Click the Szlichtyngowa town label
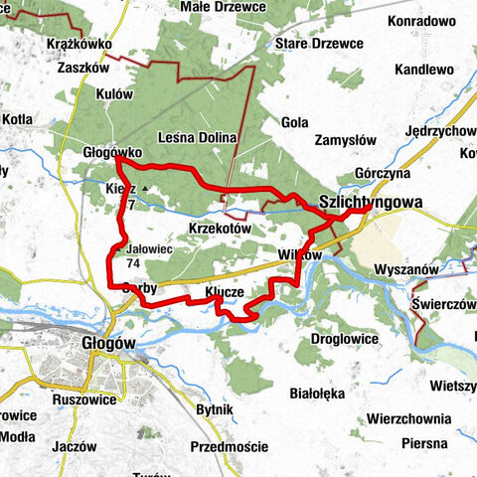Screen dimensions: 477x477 [x=371, y=202]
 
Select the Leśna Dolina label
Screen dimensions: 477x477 [x=196, y=137]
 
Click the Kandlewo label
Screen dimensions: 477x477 [x=423, y=70]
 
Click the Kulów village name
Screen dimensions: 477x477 [x=115, y=93]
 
